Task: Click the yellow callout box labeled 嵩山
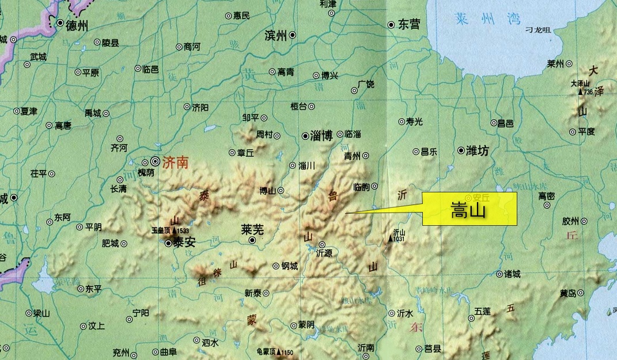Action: tap(470, 209)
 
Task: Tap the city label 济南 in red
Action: tap(176, 163)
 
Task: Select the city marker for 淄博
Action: tap(305, 136)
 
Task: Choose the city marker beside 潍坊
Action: tap(461, 151)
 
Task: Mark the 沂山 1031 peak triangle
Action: tap(391, 238)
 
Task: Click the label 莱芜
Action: tap(252, 229)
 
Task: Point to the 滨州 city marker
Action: tap(293, 35)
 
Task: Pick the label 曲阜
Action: tap(168, 351)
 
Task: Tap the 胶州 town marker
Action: tap(584, 221)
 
